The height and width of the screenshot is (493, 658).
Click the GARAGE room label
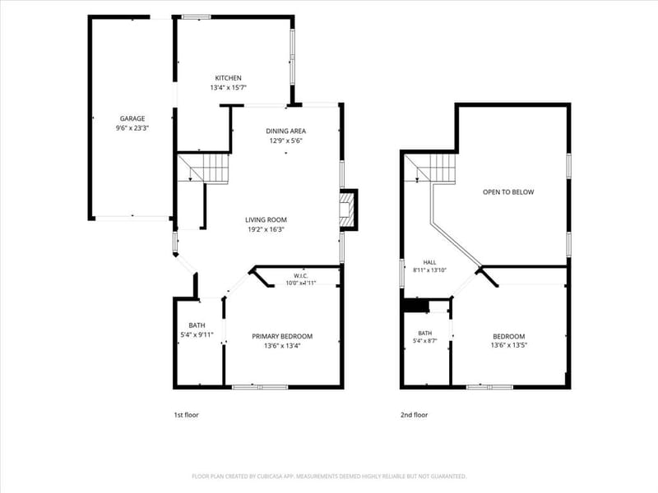(132, 118)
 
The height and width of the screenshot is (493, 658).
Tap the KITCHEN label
(229, 78)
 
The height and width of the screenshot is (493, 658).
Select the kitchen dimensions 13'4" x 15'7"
(229, 88)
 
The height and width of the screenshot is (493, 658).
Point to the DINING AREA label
(285, 131)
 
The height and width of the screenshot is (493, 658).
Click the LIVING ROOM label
(266, 219)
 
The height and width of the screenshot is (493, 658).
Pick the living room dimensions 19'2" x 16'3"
(266, 229)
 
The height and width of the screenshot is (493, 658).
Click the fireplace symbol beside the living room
(348, 210)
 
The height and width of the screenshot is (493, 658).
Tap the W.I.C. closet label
(301, 275)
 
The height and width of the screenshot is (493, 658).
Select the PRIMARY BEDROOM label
(282, 336)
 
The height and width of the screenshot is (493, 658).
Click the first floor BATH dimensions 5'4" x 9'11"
(197, 334)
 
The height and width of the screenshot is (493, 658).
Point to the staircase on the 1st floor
(203, 168)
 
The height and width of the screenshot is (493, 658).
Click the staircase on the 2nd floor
(429, 168)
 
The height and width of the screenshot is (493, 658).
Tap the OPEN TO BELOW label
(508, 192)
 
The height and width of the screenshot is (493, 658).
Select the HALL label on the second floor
(429, 262)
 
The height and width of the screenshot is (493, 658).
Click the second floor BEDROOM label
(509, 336)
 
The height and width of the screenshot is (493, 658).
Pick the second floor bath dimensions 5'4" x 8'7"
(425, 341)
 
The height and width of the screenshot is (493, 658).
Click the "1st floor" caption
(187, 415)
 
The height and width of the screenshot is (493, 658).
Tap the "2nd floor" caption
(415, 415)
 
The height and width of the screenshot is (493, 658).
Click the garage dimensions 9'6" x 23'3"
(132, 128)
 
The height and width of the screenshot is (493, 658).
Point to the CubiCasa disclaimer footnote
(329, 477)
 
